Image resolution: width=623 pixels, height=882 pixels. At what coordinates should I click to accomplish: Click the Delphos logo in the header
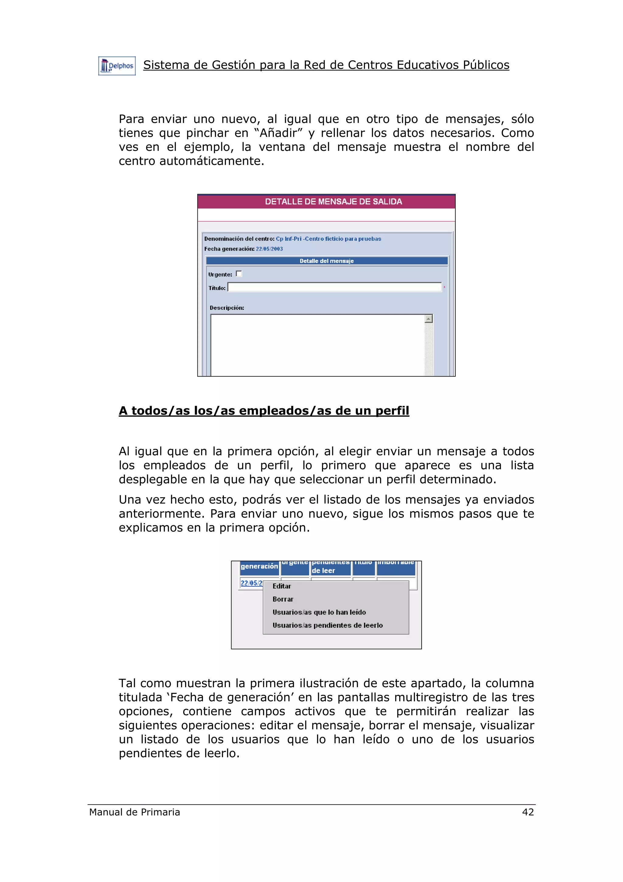coord(117,66)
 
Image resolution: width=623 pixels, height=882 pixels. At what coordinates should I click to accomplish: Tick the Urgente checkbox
coord(239,274)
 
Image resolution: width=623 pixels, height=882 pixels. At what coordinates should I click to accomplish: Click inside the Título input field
coord(334,287)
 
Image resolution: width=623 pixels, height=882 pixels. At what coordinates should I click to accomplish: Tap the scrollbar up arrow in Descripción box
coord(428,318)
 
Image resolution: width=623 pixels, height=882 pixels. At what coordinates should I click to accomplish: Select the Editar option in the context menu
coord(282,586)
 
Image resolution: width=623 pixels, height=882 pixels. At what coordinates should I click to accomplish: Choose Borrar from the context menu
coord(283,599)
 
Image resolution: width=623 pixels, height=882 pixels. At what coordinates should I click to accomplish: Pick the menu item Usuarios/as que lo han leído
coord(319,612)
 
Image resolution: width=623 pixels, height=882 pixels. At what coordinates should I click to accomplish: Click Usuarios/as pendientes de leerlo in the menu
coord(327,625)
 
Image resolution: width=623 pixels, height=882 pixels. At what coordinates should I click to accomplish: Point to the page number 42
coord(528,812)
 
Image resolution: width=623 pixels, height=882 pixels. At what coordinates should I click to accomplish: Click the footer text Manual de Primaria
coord(134,812)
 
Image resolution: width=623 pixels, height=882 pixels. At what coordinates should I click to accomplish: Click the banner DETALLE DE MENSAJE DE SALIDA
coord(333,202)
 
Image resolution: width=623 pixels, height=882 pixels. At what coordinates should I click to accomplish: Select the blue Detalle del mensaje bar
coord(327,261)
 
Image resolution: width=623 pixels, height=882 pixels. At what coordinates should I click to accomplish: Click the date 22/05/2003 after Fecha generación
coord(269,249)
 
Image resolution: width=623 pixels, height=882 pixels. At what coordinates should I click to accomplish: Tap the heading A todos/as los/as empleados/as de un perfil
coord(264,411)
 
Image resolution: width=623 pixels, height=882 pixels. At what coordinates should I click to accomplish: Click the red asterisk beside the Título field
coord(444,287)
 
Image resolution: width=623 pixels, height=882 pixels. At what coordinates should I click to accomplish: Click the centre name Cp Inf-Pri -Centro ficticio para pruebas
coord(328,239)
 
